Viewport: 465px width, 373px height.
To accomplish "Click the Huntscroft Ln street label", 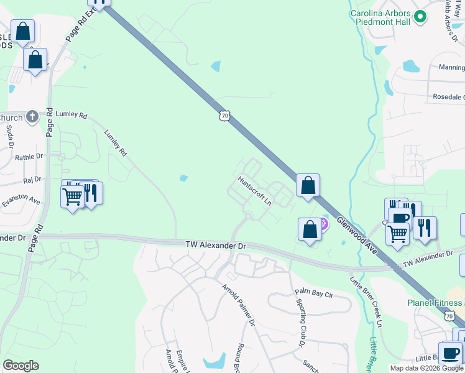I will tap(256, 191).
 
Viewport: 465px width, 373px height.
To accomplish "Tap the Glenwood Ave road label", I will tap(357, 234).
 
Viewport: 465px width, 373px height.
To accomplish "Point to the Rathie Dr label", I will tap(29, 157).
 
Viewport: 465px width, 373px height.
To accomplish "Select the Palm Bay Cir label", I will tap(315, 291).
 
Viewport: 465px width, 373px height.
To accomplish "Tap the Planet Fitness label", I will tap(435, 303).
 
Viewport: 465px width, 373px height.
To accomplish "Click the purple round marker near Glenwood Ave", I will tap(323, 223).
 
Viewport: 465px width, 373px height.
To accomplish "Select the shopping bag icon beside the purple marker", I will tap(310, 229).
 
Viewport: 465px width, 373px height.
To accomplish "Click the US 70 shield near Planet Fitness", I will tap(449, 316).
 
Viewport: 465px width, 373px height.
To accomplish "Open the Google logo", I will tap(21, 365).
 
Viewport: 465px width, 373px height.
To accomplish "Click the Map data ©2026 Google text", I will tap(426, 368).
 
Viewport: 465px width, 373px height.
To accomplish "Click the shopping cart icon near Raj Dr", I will tap(72, 196).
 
